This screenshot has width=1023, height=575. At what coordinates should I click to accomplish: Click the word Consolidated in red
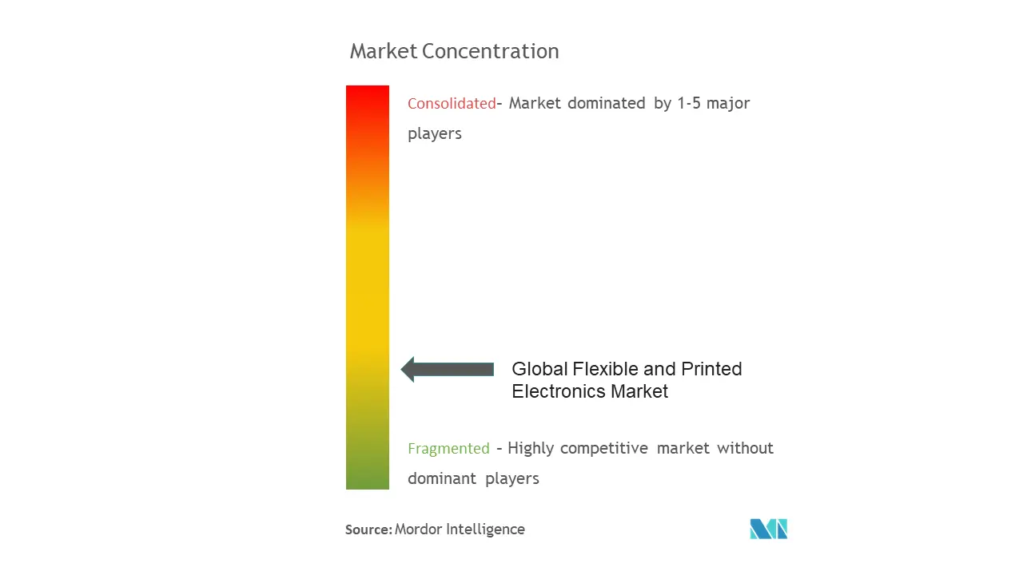[452, 104]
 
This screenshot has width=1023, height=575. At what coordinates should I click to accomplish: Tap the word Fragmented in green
[448, 449]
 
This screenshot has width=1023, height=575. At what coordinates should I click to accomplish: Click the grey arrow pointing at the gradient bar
[447, 369]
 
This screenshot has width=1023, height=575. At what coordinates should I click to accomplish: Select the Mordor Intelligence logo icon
[769, 529]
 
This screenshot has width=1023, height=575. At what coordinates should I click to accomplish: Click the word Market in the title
[383, 51]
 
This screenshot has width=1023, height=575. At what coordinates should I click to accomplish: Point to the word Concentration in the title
[491, 51]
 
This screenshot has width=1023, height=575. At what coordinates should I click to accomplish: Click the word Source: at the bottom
[368, 529]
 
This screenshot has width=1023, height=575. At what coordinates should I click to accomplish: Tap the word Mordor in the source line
[418, 529]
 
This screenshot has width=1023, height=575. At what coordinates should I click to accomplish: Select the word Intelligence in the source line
[485, 529]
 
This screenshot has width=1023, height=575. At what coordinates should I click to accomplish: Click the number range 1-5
[689, 103]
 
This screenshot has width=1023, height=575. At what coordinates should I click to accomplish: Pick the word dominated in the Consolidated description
[607, 103]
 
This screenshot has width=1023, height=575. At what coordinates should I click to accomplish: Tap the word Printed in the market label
[711, 369]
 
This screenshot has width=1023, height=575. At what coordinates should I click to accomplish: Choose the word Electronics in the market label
[559, 391]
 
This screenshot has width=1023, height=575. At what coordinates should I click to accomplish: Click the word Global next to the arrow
[539, 369]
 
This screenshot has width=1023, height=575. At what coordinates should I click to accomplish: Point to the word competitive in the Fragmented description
[603, 449]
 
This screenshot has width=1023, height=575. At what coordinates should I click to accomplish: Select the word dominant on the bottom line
[442, 478]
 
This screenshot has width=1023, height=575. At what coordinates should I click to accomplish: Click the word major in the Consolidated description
[728, 104]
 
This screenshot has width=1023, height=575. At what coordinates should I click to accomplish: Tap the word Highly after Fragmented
[530, 449]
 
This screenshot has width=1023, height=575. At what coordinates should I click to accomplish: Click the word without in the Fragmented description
[746, 448]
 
